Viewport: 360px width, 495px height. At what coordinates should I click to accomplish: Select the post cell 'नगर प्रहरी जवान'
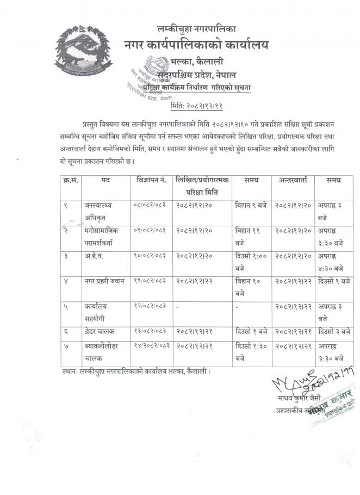(x=104, y=280)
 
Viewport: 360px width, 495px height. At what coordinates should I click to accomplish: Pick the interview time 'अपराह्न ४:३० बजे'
(x=331, y=261)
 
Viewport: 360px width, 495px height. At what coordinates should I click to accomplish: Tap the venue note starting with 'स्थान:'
(x=136, y=371)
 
